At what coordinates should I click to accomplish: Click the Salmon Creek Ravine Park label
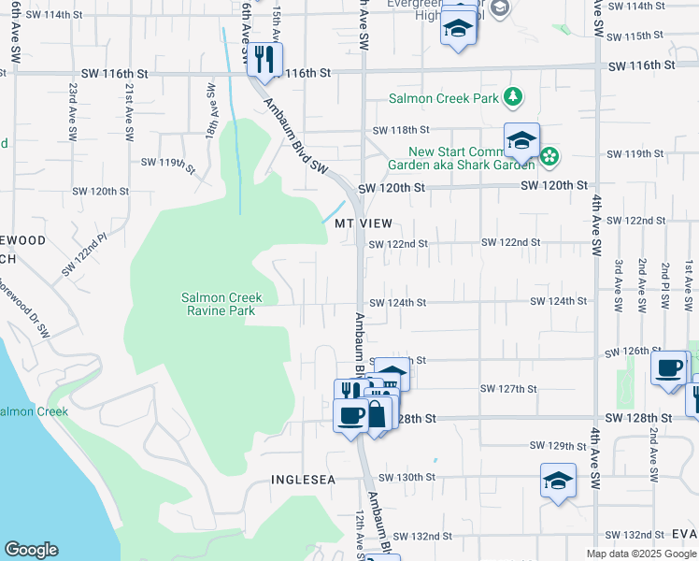pos(221,304)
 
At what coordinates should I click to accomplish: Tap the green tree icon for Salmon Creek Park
pos(512,96)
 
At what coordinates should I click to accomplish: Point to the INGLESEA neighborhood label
pos(303,480)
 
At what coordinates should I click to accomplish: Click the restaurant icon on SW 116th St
pos(264,60)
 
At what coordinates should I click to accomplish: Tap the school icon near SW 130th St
pos(558,481)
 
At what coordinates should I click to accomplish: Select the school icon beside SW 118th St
pos(521,140)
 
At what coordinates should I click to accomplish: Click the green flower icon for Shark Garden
pos(550,156)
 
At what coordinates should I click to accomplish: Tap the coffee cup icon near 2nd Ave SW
pos(669,368)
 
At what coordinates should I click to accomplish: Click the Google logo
pos(31,550)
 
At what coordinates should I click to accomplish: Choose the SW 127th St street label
pos(508,389)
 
